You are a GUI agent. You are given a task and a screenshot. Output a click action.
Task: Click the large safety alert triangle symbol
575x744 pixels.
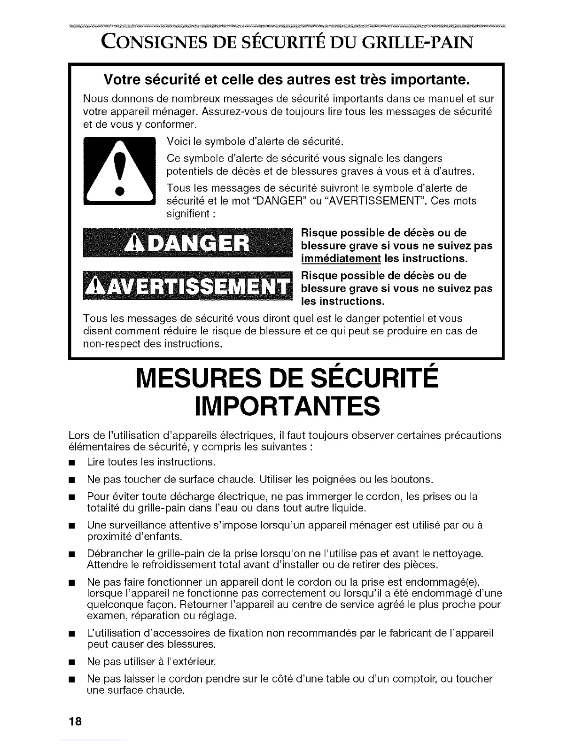click(x=119, y=172)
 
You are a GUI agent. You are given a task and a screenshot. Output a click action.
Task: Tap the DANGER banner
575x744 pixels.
click(x=187, y=244)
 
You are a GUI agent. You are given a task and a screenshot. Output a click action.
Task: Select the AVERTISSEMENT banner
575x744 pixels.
click(x=187, y=286)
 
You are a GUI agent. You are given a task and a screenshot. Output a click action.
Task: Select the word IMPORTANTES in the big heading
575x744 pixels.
click(x=287, y=406)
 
